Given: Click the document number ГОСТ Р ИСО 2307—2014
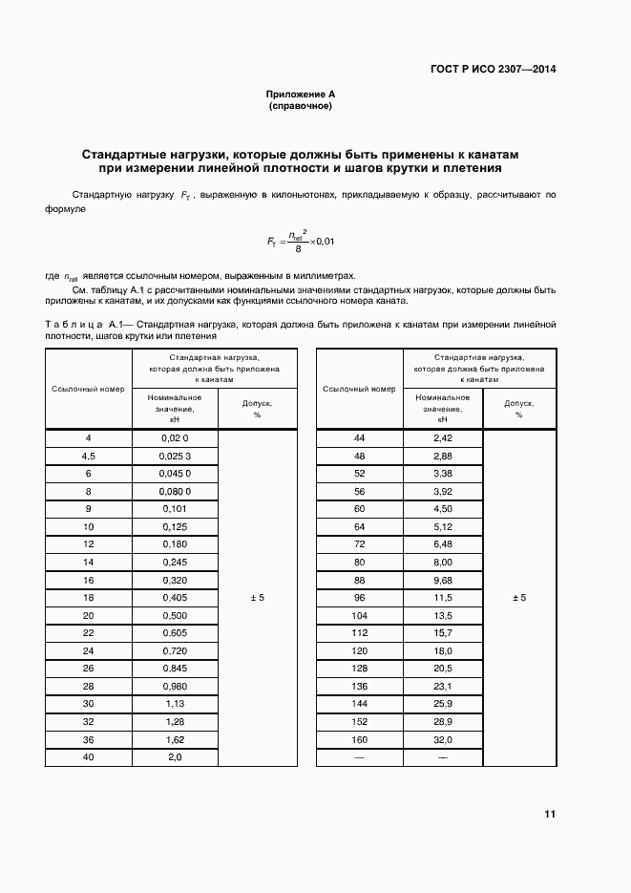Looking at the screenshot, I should [494, 69].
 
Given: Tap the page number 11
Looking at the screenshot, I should [549, 815].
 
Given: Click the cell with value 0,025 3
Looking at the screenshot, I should [175, 456].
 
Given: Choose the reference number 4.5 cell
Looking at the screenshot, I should [88, 456].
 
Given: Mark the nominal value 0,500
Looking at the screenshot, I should [175, 615].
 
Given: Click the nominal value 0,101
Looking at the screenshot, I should [175, 509].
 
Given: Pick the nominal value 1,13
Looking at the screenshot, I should [175, 704].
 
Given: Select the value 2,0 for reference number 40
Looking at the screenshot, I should [175, 757].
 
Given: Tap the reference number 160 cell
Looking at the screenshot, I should [359, 739].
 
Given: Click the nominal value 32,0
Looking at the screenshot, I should [442, 739].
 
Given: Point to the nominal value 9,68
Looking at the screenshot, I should [442, 580].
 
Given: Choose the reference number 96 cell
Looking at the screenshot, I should [359, 597].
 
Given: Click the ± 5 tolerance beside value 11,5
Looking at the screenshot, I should [519, 597].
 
